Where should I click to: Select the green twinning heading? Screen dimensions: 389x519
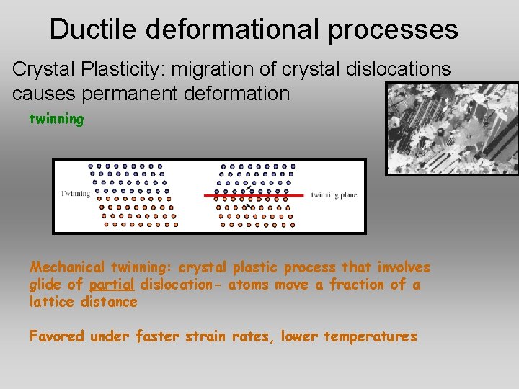(x=56, y=119)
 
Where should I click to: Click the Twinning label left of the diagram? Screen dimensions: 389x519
(x=75, y=194)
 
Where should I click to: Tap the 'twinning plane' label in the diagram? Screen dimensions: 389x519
(x=334, y=195)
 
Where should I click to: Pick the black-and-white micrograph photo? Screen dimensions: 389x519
(x=452, y=128)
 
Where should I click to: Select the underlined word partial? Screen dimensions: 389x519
(x=112, y=285)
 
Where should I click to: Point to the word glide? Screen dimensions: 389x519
(x=45, y=285)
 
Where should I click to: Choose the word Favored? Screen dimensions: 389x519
(x=57, y=336)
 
